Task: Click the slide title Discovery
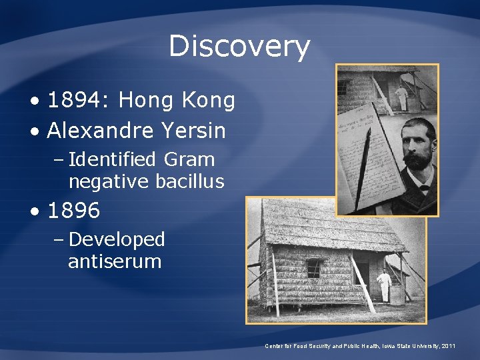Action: coord(239,47)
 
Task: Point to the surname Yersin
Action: coord(193,131)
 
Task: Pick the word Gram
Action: coord(191,160)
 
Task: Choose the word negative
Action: coord(109,181)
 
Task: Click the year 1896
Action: coord(73,211)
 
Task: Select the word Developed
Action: coord(117,239)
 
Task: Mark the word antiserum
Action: coord(115,261)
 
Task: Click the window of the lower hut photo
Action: coord(313,268)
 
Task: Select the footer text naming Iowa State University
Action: coord(361,346)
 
